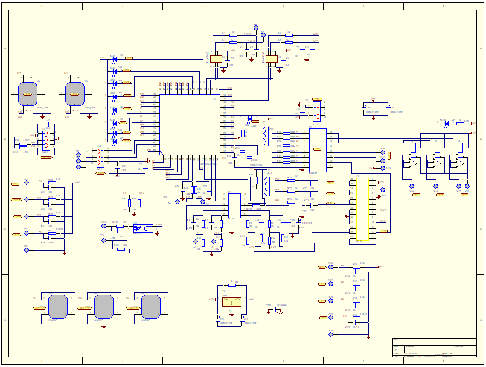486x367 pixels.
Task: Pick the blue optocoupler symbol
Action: pyautogui.click(x=138, y=228)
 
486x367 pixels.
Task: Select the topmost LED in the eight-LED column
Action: pyautogui.click(x=114, y=59)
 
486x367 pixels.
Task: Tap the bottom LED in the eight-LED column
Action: pyautogui.click(x=114, y=142)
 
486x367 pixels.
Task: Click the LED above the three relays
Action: pyautogui.click(x=446, y=124)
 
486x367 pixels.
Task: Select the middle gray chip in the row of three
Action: pyautogui.click(x=103, y=306)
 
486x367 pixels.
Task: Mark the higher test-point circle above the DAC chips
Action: pyautogui.click(x=255, y=27)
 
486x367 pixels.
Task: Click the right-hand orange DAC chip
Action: pyautogui.click(x=272, y=58)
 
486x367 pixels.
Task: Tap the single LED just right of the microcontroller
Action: pyautogui.click(x=250, y=119)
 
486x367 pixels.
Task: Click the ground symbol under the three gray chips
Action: pyautogui.click(x=104, y=326)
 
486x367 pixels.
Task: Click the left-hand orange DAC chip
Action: pyautogui.click(x=216, y=58)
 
